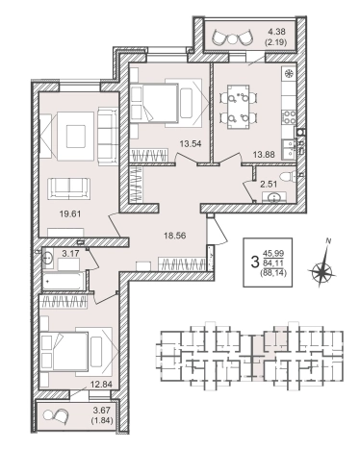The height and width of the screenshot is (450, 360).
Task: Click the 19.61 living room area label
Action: pos(70,213)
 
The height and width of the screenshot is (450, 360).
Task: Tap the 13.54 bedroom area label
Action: pos(191,143)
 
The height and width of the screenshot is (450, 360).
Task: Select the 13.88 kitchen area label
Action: pos(264,155)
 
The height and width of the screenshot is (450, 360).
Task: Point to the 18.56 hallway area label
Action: pos(175,236)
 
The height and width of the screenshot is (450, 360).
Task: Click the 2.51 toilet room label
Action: pos(269,184)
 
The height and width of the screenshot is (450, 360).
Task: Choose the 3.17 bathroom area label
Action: pos(70,254)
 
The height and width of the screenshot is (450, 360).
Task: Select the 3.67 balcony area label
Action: pos(101,410)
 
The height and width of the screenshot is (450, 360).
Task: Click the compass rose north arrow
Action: pos(321,270)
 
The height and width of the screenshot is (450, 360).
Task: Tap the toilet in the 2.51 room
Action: pos(287,177)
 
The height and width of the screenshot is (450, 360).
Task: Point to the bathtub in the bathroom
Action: pos(64,281)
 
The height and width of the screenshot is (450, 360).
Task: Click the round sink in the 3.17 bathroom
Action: pos(48,257)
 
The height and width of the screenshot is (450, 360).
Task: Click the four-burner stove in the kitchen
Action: pos(289,117)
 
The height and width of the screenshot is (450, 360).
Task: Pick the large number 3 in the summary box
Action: pos(255,262)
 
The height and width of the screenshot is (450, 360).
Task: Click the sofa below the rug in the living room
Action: pos(69,188)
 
